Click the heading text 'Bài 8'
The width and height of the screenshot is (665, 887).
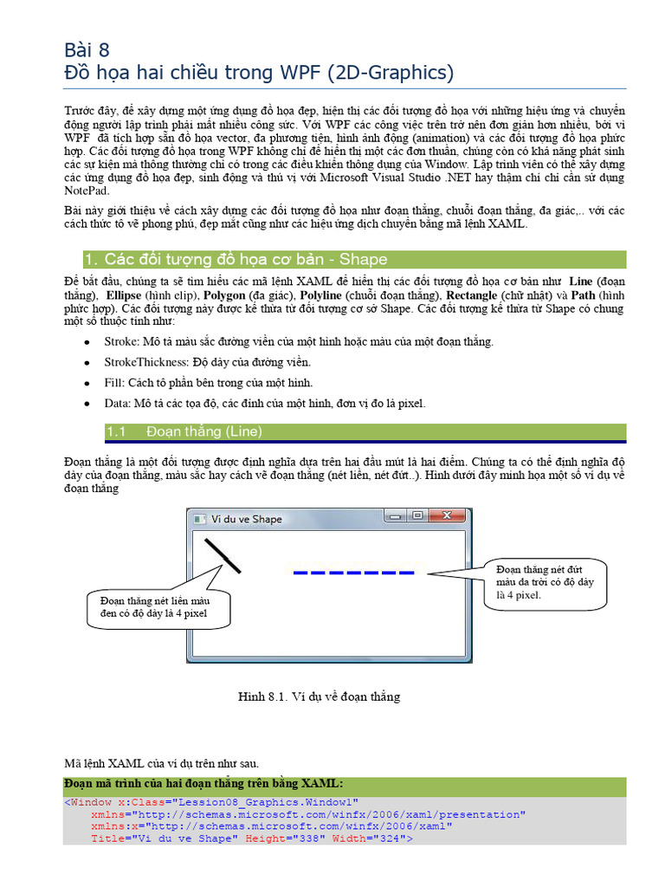point(87,49)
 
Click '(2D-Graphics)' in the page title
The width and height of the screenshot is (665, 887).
point(391,73)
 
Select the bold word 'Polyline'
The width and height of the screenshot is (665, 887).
point(322,295)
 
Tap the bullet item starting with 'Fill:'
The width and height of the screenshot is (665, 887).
point(208,383)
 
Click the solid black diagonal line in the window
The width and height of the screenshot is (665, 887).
point(223,555)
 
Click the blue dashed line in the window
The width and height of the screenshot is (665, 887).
point(353,572)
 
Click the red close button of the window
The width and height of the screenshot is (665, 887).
point(447,517)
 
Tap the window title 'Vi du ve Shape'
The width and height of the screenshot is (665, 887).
point(247,519)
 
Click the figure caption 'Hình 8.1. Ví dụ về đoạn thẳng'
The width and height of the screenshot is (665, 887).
point(320,696)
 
